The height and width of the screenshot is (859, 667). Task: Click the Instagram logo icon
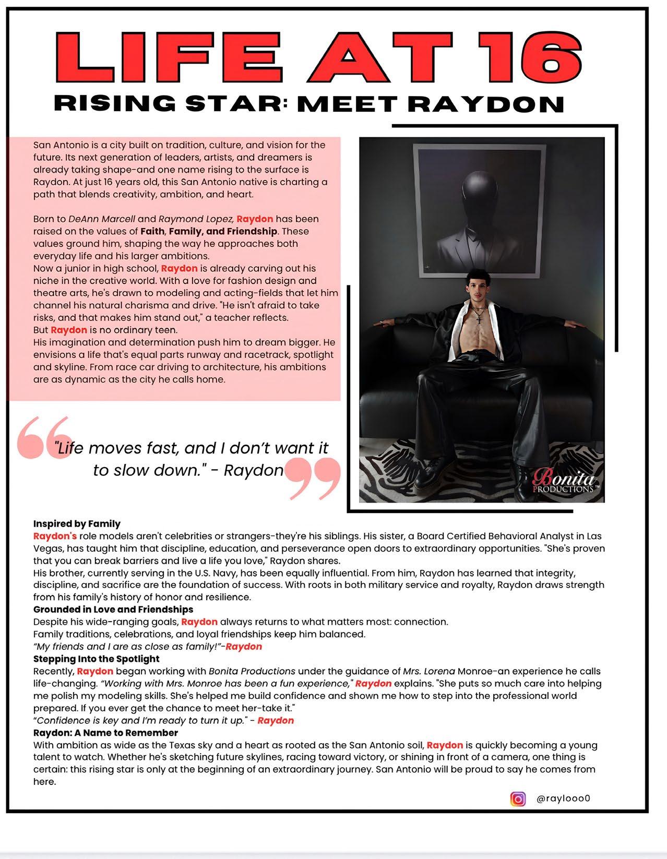click(518, 798)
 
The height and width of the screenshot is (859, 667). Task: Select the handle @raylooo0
click(563, 798)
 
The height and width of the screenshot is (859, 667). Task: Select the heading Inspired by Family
click(77, 523)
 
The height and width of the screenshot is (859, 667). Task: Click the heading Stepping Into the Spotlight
click(96, 659)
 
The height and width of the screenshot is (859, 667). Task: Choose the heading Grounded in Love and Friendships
click(113, 609)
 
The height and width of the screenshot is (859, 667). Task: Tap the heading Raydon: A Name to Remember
click(105, 733)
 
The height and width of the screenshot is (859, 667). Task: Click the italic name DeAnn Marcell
click(102, 219)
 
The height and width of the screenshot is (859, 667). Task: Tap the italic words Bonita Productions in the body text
click(252, 671)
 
